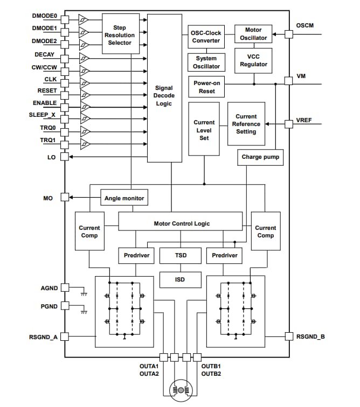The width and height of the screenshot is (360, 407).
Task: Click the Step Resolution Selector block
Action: [x=119, y=34]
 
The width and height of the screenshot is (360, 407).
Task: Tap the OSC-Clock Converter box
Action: [x=206, y=37]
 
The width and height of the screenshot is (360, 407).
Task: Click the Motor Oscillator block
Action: [x=253, y=34]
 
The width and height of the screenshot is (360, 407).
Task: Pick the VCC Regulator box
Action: [x=253, y=61]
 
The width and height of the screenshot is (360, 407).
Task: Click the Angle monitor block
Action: [x=124, y=198]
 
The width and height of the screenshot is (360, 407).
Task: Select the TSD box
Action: [x=181, y=255]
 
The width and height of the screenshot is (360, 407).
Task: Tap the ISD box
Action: [x=181, y=279]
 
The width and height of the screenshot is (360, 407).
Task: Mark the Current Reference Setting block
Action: [x=246, y=124]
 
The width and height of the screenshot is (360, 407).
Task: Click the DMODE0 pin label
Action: [x=44, y=16]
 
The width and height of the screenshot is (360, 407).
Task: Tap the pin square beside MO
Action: [x=65, y=198]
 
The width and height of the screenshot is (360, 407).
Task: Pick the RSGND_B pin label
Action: [x=310, y=336]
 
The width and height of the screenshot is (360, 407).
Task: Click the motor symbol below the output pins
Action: [x=181, y=390]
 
